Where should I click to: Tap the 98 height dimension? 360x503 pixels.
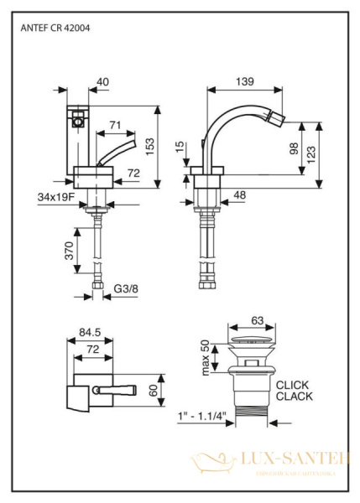coord(295,148)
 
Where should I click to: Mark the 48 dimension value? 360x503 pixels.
coord(239,195)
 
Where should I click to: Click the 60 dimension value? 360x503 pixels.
coord(154,390)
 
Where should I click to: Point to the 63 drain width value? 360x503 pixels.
coord(258,319)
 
